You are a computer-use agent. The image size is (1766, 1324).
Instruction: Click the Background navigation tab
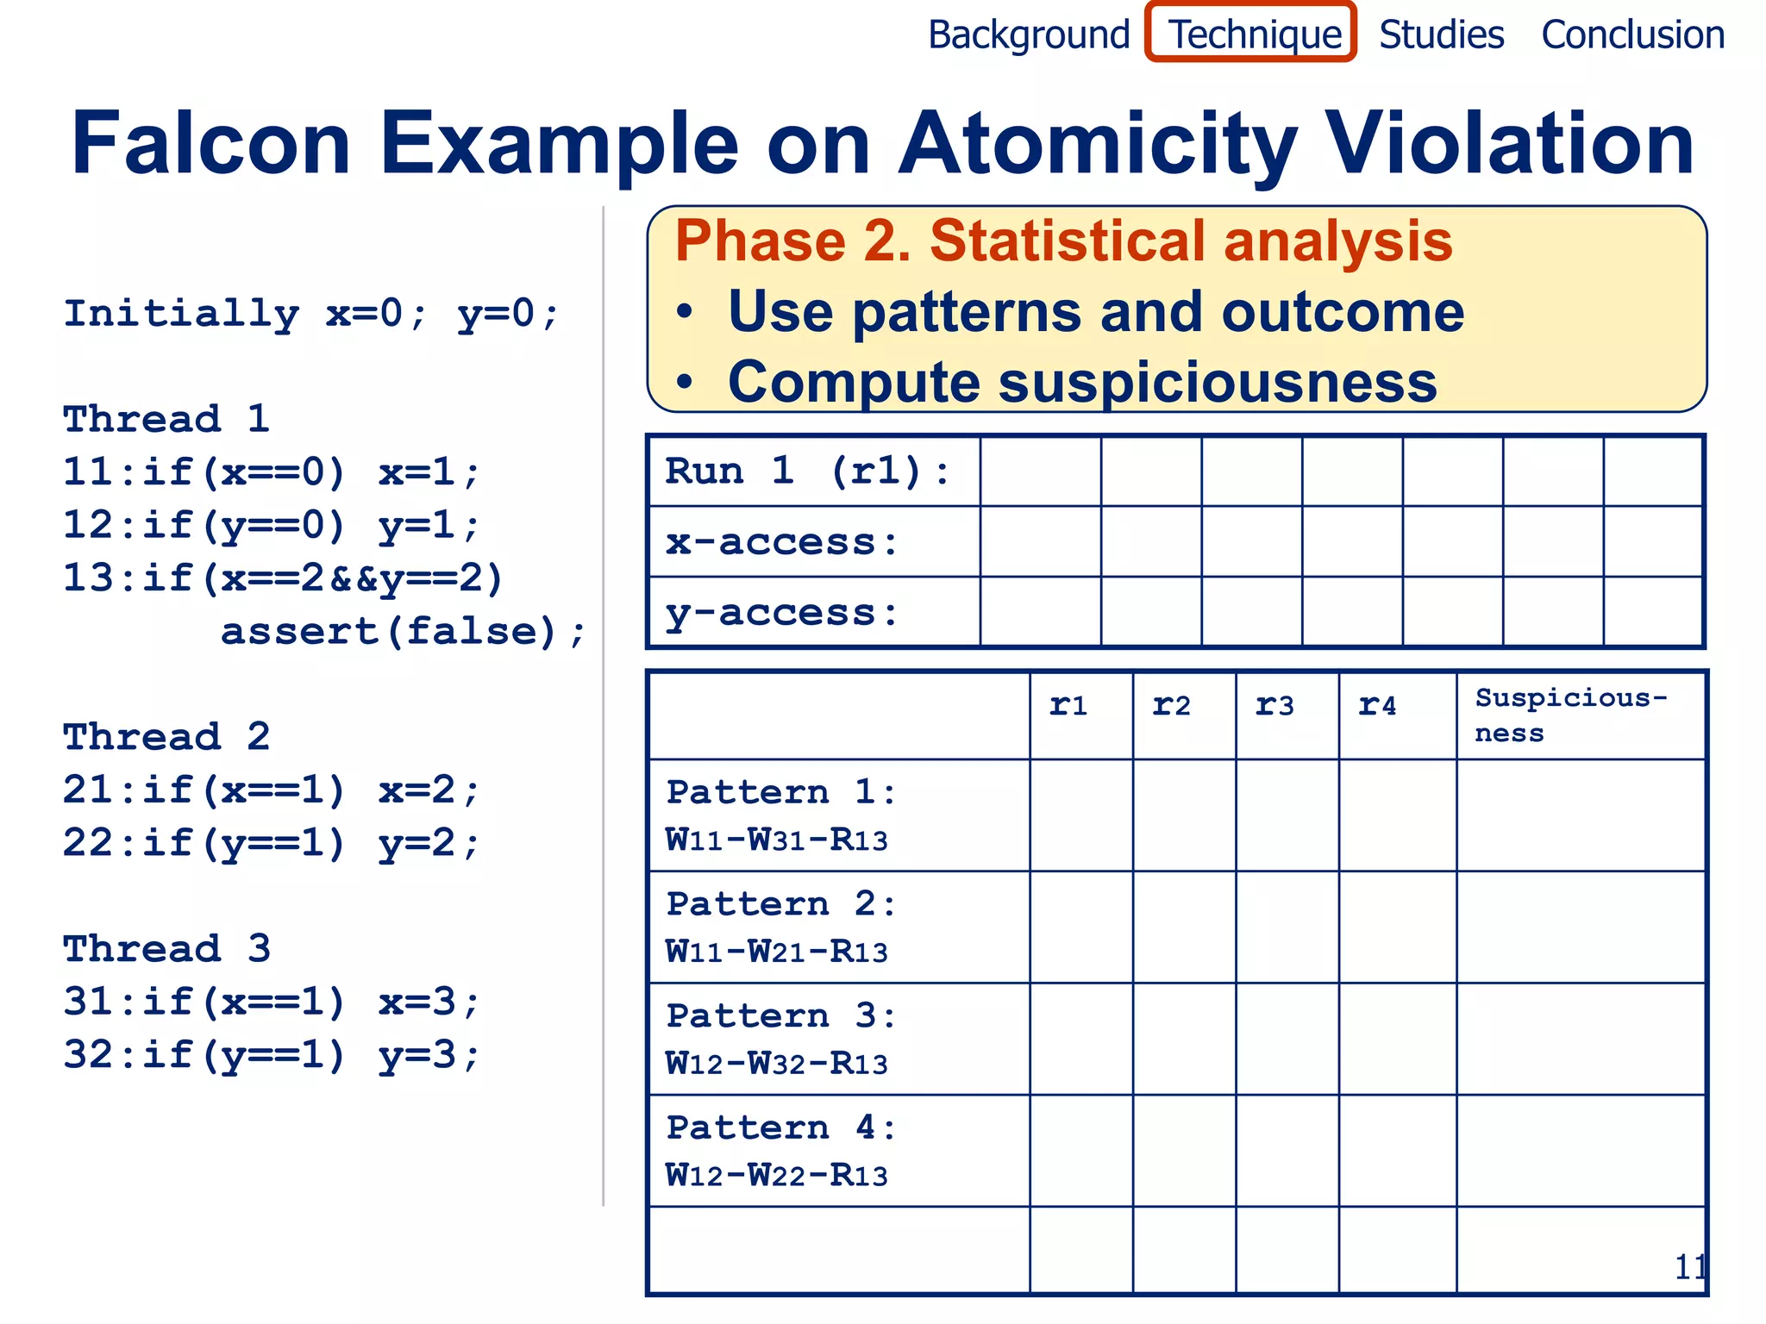1028,35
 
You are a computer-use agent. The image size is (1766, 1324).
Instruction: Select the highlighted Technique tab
1252,34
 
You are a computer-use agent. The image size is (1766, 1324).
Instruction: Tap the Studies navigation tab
1441,35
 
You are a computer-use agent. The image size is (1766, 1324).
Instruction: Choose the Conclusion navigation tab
1632,35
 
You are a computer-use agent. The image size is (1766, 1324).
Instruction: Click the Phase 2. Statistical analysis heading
1063,240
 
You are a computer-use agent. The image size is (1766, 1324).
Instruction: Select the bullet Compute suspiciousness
1082,382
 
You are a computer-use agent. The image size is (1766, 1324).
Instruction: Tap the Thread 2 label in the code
166,737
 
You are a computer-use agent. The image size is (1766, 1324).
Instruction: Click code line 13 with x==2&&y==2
283,578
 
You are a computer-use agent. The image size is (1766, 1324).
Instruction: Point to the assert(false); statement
403,632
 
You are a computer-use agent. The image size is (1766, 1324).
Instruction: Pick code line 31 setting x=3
271,1002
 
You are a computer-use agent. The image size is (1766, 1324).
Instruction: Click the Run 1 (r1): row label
808,472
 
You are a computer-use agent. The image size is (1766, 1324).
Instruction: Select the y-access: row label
782,613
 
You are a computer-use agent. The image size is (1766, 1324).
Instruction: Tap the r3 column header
1274,706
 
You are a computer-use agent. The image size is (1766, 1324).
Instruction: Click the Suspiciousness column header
1571,715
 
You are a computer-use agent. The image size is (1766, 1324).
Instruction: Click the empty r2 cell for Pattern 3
1184,1039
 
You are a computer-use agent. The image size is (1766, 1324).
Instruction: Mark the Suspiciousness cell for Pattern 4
1581,1151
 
